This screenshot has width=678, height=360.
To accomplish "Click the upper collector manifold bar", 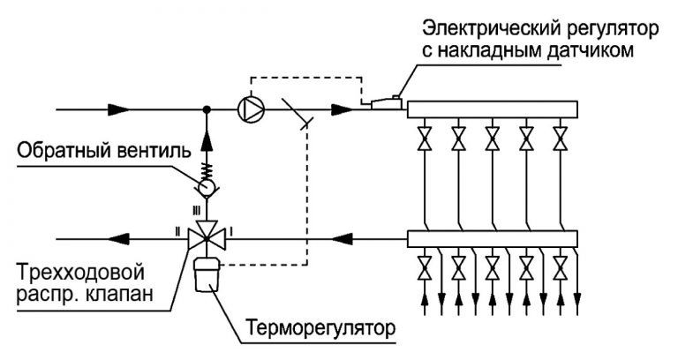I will click(491, 109).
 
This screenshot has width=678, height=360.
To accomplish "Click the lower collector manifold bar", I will click(491, 237).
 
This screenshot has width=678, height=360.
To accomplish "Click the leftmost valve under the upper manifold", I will click(426, 139).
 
